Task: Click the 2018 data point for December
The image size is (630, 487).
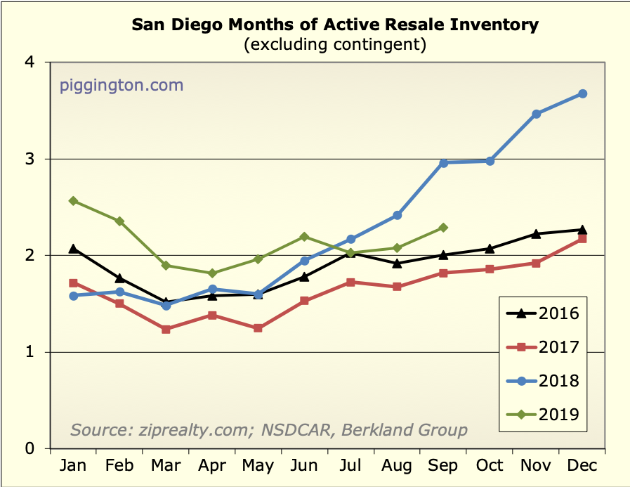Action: coord(582,93)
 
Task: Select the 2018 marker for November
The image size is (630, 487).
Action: coord(537,114)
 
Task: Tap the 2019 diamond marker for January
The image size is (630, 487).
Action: coord(73,201)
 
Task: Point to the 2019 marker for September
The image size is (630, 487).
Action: coord(443,228)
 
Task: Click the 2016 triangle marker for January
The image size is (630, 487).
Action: coord(73,248)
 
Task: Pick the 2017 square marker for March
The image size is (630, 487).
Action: coord(166,329)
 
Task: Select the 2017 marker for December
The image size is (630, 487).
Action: coord(582,239)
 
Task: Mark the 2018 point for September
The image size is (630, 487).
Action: coord(443,163)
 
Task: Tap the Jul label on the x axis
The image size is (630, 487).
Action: coord(350,466)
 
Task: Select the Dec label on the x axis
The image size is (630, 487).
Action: coord(582,466)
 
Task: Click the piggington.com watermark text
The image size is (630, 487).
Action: coord(122,86)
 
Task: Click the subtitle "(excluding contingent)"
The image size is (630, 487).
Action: coord(335,45)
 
